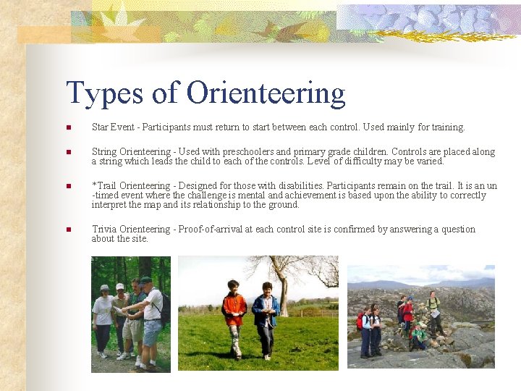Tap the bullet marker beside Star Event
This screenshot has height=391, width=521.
tap(68, 128)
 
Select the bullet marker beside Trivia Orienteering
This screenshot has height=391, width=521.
tap(68, 230)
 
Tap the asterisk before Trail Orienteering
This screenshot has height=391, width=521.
tap(94, 185)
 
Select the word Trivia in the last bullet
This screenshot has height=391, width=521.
tap(104, 230)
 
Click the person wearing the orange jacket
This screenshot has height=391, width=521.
tap(234, 315)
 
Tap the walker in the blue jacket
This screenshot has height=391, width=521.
tap(266, 317)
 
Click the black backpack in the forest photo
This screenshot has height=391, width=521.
tap(165, 307)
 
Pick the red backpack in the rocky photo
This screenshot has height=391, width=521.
tap(360, 321)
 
